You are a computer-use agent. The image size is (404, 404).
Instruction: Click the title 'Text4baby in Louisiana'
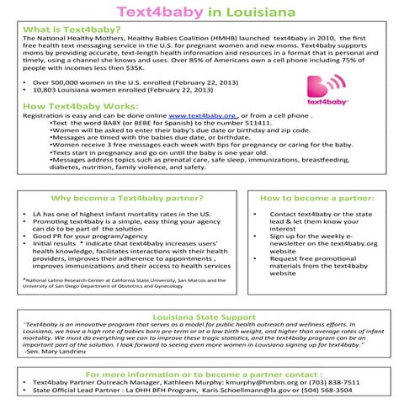201,14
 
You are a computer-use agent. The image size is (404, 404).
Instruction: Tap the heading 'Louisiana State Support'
203,316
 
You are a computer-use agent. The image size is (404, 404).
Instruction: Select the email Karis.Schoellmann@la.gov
252,391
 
